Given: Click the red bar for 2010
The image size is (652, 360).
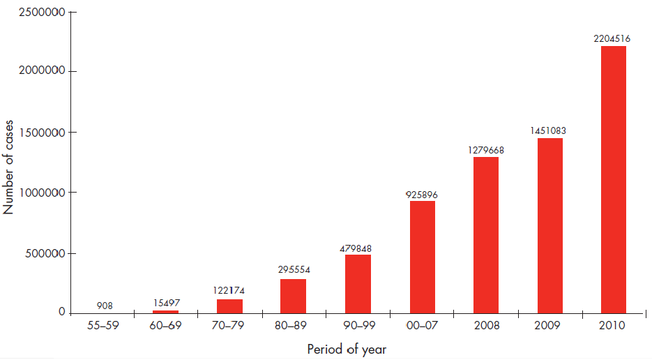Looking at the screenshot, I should point(613,180).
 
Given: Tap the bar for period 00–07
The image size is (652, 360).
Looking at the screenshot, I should point(423,257).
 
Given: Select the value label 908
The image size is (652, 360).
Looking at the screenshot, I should point(105,306).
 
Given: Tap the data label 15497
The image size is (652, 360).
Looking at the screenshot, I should point(166,303).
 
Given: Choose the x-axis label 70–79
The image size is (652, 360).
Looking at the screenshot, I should point(229,327).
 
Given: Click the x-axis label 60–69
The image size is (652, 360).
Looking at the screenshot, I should point(165,327).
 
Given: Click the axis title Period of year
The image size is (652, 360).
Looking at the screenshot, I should point(347,349).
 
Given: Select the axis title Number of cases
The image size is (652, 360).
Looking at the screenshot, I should point(9,163).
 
